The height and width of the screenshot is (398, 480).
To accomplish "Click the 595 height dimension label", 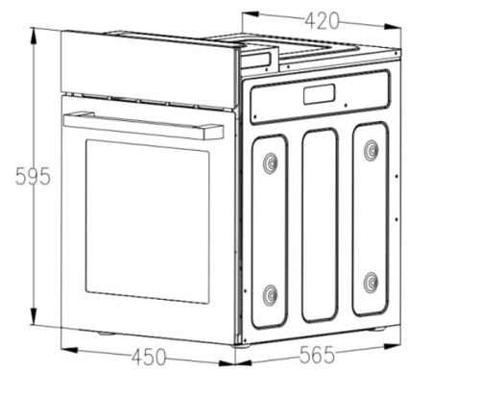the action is click(x=33, y=176).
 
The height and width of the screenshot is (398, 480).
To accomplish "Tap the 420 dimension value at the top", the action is click(x=322, y=21).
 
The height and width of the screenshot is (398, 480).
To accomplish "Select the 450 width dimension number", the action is click(x=149, y=357).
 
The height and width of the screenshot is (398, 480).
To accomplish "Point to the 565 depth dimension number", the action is click(x=317, y=355).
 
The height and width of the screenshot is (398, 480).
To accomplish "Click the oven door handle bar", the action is click(x=144, y=126).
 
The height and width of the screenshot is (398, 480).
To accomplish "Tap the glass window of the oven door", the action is click(x=148, y=221).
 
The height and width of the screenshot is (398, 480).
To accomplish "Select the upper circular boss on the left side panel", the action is click(x=271, y=163).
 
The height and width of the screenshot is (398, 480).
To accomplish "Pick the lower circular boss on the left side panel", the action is click(x=271, y=295).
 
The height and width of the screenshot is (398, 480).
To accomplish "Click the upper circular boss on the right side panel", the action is click(x=372, y=150).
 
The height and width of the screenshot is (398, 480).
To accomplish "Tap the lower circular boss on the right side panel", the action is click(x=372, y=283).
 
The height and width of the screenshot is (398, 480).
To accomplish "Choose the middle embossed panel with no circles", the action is click(x=320, y=225).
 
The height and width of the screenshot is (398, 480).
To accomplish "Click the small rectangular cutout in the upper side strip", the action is click(x=320, y=94).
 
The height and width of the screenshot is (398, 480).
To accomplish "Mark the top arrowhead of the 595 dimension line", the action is click(x=34, y=37).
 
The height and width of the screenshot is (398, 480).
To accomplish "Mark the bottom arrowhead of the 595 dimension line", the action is click(x=34, y=316).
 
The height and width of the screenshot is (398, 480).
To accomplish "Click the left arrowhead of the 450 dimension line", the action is click(x=69, y=350).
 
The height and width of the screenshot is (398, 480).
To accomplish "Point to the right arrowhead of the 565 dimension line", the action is click(x=392, y=346).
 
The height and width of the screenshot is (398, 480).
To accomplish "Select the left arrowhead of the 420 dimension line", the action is click(x=251, y=14).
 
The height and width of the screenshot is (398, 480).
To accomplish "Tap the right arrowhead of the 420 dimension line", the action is click(x=393, y=27).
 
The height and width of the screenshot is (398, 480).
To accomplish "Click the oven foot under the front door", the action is click(x=107, y=334).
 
